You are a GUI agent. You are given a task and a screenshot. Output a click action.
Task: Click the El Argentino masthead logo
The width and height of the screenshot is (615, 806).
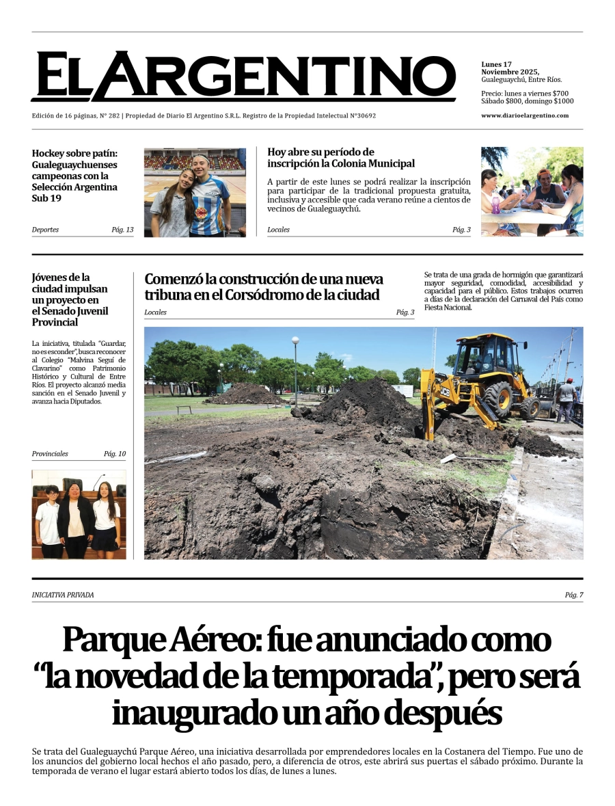[x=243, y=77]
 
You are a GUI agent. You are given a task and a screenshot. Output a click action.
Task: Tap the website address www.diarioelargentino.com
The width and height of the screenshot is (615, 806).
[x=525, y=116]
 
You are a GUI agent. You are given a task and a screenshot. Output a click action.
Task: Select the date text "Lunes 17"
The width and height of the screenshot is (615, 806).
[x=496, y=64]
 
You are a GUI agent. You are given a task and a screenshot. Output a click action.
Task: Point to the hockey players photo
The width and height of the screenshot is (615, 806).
[x=195, y=192]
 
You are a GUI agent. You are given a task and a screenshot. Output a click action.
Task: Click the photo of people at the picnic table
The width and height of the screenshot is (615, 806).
[x=532, y=192]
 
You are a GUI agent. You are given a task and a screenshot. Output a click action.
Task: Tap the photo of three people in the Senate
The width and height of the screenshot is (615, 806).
[x=79, y=514]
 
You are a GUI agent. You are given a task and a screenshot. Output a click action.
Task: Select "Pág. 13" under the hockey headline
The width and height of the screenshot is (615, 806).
[x=122, y=230]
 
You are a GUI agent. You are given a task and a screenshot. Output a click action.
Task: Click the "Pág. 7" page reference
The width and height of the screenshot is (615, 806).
[x=573, y=595]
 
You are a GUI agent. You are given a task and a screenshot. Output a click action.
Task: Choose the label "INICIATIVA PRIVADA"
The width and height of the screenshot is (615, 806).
[x=63, y=595]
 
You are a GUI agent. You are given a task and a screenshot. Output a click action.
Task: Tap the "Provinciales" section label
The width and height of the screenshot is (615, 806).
[x=50, y=454]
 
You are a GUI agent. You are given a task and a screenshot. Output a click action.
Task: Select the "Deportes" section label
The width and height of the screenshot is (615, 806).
[x=45, y=230]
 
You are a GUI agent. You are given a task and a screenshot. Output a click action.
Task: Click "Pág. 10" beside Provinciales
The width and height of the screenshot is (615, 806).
[x=115, y=454]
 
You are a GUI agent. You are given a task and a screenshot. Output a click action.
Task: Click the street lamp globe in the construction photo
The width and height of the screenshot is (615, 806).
[x=295, y=340]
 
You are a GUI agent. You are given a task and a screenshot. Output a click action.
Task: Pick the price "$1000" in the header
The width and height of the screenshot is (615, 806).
[x=564, y=101]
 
